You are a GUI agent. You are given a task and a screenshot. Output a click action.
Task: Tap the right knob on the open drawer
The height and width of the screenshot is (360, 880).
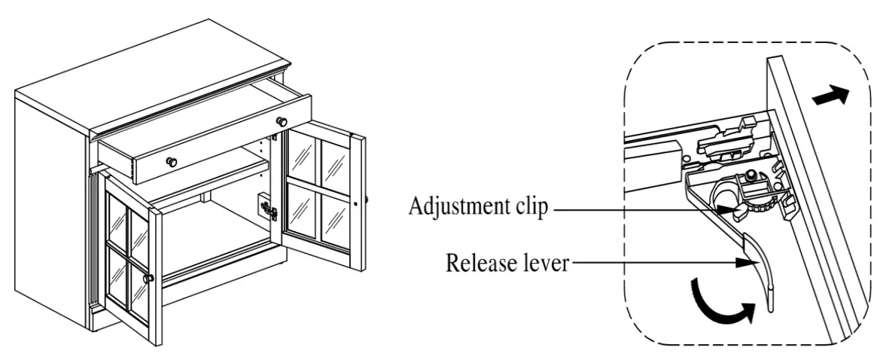tap(282, 122)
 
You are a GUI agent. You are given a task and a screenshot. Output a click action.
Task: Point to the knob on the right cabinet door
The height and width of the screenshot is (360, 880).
tap(365, 201)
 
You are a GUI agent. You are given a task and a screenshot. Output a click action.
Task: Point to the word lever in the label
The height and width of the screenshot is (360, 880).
tap(544, 263)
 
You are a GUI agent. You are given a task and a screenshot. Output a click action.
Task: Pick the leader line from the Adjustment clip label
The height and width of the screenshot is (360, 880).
tap(640, 210)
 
